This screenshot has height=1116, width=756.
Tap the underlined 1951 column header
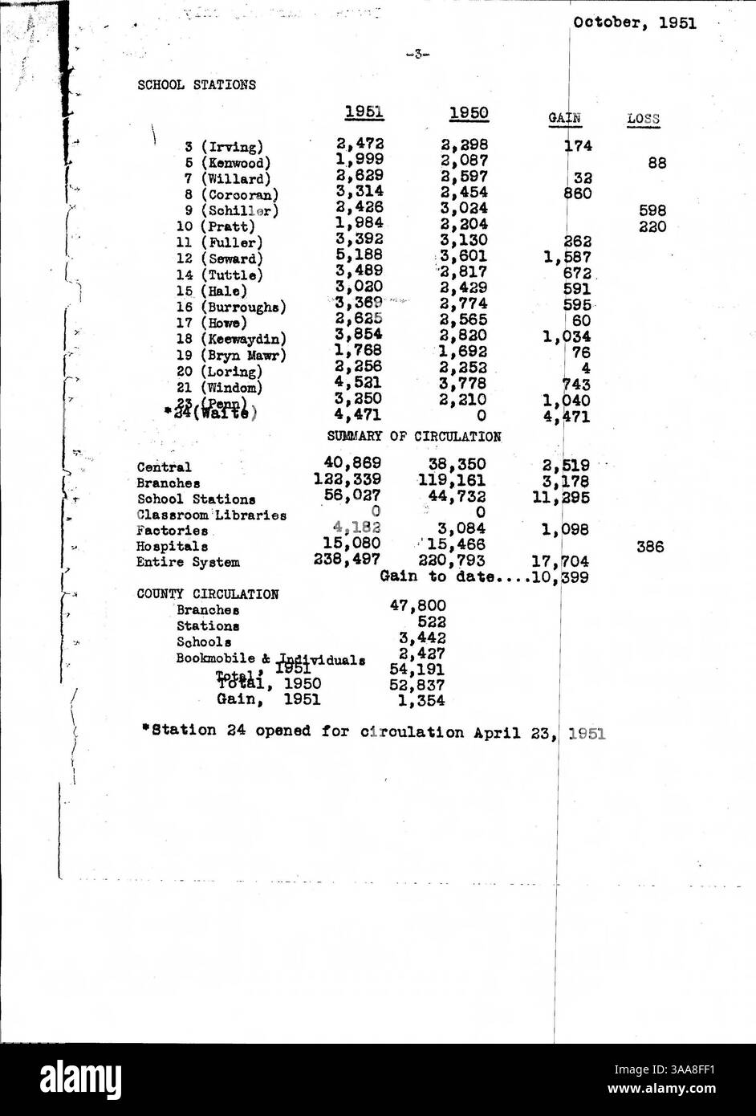click(x=364, y=113)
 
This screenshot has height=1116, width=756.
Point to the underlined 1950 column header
click(x=469, y=113)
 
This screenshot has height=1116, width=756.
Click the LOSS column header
click(x=643, y=120)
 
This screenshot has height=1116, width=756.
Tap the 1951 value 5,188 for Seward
click(x=359, y=255)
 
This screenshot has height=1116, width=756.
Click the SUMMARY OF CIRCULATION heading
click(x=414, y=437)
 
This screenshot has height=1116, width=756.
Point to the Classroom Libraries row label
click(x=211, y=515)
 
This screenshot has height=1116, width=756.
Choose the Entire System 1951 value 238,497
click(x=348, y=560)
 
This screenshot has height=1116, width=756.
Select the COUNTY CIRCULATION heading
click(x=208, y=595)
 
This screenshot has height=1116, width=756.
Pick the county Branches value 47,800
click(x=417, y=605)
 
